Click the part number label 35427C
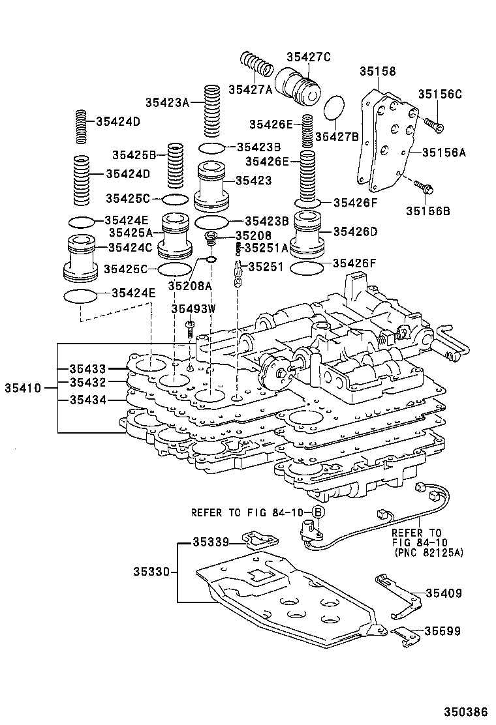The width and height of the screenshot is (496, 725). coord(309,57)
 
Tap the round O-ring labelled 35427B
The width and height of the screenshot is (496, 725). coord(335,109)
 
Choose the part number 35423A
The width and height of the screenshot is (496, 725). coord(167,102)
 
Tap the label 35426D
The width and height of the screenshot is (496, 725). coord(356,231)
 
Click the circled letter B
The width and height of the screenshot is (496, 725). coord(317,512)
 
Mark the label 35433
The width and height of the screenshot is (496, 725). coord(87,369)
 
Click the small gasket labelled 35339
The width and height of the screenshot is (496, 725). coord(260,539)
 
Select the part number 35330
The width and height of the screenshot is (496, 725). coord(151,572)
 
